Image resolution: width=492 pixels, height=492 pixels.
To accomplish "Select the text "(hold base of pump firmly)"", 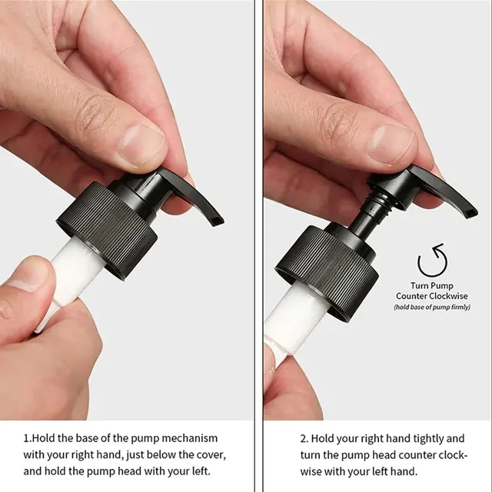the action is pos(432,307).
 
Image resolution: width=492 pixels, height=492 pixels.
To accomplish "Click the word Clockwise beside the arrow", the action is pos(449,296).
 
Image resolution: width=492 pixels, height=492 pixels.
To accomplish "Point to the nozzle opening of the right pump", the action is pos(471,214).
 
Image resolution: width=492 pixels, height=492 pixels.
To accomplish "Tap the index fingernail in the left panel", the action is pos(141,145).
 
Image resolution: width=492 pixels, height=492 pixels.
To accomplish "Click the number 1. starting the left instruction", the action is pos(28,438).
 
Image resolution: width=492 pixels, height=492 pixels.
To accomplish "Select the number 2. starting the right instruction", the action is pos(304,438).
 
